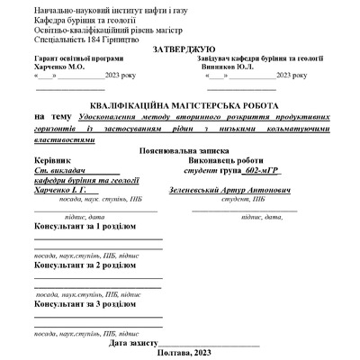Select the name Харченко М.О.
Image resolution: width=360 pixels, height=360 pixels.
58,67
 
